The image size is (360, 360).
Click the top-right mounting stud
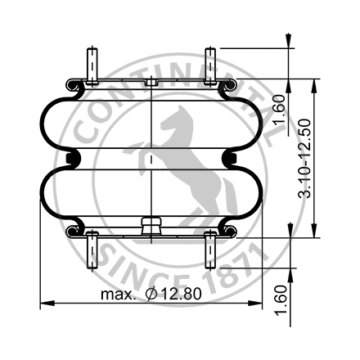click(210, 65)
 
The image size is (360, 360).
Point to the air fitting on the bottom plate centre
click(151, 224)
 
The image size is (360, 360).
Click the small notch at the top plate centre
click(151, 82)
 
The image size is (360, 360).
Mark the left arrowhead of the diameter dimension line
click(43, 304)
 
